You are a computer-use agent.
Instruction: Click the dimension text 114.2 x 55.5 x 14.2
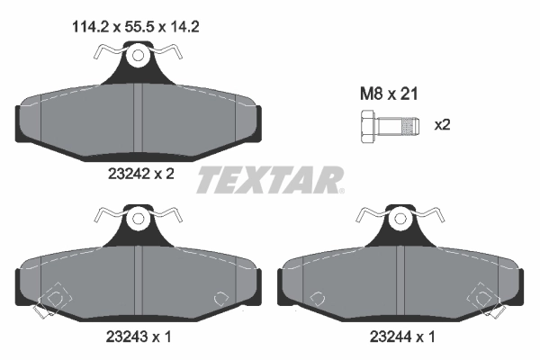(x=134, y=27)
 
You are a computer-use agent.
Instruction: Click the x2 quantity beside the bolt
(x=442, y=125)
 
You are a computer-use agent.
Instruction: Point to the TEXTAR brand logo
(x=270, y=180)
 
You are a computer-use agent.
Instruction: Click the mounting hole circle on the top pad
(x=137, y=57)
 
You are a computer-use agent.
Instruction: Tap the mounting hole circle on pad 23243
(x=137, y=218)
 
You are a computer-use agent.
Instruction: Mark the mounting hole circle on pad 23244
(x=399, y=218)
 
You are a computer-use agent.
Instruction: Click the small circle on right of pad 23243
(x=218, y=299)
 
